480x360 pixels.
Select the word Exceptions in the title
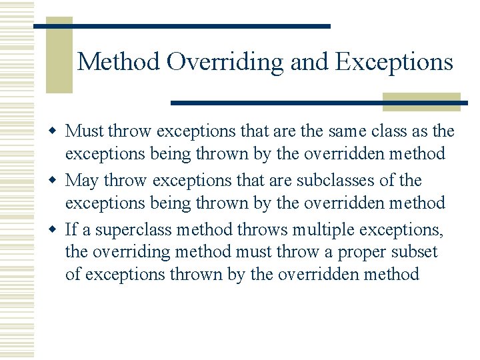pyautogui.click(x=394, y=62)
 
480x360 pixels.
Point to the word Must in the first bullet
pyautogui.click(x=85, y=131)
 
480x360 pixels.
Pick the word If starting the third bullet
pyautogui.click(x=72, y=229)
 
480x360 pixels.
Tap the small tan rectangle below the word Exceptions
pyautogui.click(x=421, y=101)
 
